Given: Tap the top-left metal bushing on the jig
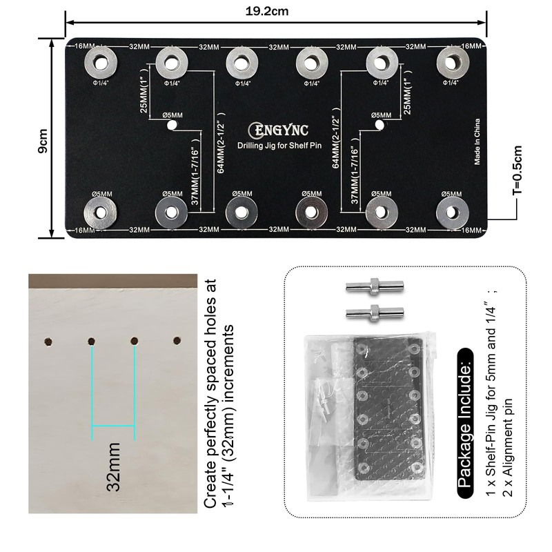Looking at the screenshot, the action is click(x=100, y=63).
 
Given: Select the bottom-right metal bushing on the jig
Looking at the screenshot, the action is click(x=451, y=211).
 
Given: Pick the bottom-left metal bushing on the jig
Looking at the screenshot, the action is click(x=100, y=211).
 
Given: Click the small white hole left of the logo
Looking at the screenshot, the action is click(x=172, y=126).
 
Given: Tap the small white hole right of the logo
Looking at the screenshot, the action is click(x=380, y=126).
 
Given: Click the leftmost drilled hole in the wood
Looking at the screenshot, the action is click(x=48, y=341).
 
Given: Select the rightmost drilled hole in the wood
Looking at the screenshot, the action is click(x=177, y=341).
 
